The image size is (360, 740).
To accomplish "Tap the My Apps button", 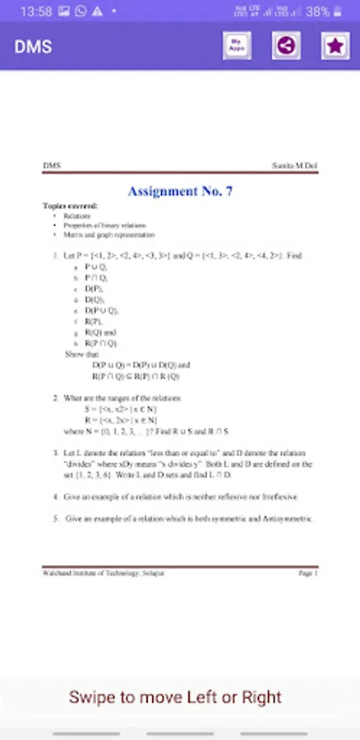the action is (x=237, y=46).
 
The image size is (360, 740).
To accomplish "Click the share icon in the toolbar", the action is (x=285, y=46).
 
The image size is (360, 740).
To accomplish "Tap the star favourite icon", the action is (x=335, y=46).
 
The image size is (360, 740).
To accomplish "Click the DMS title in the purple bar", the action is (x=33, y=46).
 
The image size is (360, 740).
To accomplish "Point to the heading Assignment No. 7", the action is (x=180, y=191).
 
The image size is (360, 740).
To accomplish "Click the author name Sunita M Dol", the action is (x=295, y=166).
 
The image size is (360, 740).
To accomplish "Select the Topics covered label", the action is (x=70, y=205).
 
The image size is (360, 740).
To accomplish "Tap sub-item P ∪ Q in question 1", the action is (x=96, y=267).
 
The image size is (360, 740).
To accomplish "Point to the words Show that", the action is (x=81, y=354).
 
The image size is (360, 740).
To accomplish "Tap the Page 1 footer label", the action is (x=308, y=573).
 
